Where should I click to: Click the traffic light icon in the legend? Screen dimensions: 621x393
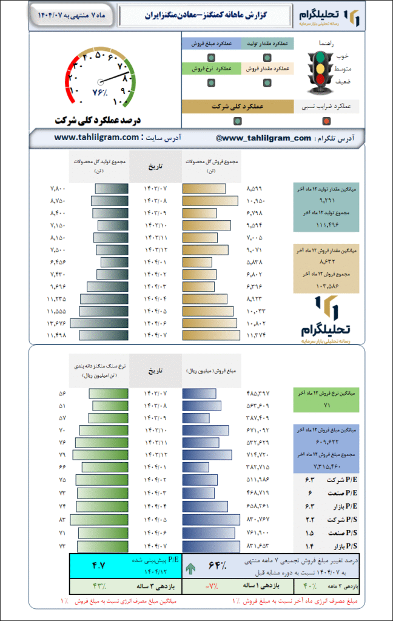320,72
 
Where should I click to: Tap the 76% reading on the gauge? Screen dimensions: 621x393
99,93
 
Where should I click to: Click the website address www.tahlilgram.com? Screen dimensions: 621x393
96,138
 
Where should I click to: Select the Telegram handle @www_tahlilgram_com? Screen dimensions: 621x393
263,138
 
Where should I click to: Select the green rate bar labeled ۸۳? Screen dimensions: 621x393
99,520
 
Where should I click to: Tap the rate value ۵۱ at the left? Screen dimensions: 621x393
62,406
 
